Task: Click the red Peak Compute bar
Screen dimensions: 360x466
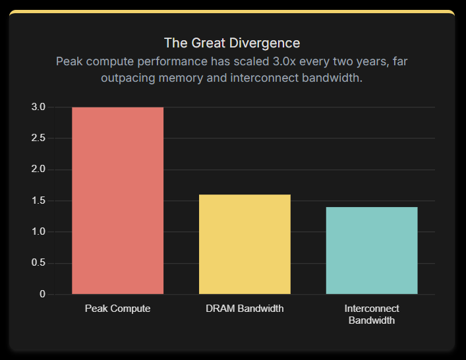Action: click(x=117, y=200)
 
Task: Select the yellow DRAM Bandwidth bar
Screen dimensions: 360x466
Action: click(x=245, y=244)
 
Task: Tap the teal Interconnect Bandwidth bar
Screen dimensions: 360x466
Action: click(x=372, y=251)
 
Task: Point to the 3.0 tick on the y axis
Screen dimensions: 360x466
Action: click(x=38, y=107)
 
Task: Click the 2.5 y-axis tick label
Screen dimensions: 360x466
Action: click(x=38, y=138)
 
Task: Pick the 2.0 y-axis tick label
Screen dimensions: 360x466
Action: click(x=38, y=169)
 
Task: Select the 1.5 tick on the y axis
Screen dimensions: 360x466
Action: click(x=38, y=200)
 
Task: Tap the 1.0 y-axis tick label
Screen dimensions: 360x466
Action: click(x=38, y=231)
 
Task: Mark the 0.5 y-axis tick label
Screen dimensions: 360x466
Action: click(x=38, y=263)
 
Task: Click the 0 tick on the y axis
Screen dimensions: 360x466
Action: click(x=42, y=294)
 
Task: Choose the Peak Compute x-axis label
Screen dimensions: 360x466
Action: click(x=117, y=309)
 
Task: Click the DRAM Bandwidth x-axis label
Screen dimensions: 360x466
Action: click(x=245, y=309)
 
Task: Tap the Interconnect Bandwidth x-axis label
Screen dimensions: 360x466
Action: click(x=372, y=315)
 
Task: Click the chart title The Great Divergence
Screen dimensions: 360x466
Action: click(x=232, y=43)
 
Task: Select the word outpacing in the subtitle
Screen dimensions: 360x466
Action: click(x=126, y=78)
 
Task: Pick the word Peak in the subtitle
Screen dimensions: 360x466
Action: click(x=69, y=61)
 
